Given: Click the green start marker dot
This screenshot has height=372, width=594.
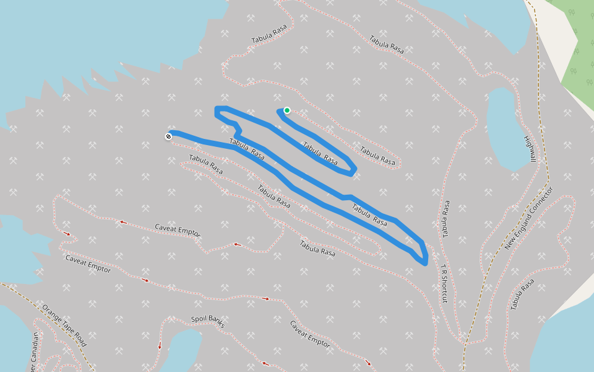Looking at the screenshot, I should click(x=287, y=110).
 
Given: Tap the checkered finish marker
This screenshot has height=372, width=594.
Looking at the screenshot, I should click(x=168, y=136).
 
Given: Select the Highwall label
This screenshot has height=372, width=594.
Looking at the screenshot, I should click(x=529, y=149).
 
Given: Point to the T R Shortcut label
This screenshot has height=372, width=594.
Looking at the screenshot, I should click(x=444, y=285).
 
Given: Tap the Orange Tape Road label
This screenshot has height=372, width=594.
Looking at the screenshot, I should click(x=64, y=325).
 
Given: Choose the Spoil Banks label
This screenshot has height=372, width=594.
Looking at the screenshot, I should click(x=207, y=321).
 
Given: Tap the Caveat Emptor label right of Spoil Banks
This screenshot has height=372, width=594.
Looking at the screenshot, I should click(x=309, y=333).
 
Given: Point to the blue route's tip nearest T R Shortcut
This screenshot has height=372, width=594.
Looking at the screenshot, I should click(x=425, y=262).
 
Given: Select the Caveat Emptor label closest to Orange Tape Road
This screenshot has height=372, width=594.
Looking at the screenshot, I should click(x=88, y=263).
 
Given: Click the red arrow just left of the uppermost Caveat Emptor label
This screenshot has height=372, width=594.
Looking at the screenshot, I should click(x=123, y=221).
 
